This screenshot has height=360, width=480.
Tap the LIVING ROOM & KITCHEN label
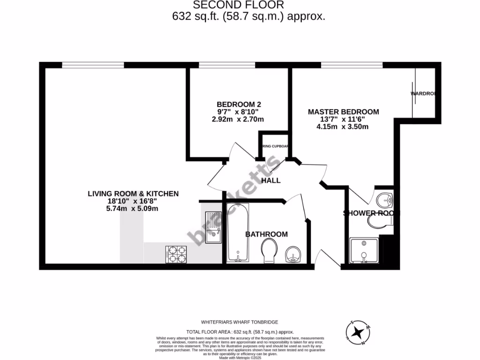point(133,193)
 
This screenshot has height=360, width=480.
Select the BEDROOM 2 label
point(239,104)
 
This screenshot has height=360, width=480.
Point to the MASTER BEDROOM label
point(343,112)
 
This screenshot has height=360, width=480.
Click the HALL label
point(271,180)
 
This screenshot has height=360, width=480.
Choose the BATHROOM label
point(266,234)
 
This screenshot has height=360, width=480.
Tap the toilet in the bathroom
point(270,250)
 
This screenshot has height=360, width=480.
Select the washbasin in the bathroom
point(293,254)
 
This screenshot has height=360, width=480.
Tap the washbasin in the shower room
point(386,200)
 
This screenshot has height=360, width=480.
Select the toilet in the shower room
point(379,222)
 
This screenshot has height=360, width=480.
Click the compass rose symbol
point(359,332)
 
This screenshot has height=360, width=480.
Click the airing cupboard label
point(275,147)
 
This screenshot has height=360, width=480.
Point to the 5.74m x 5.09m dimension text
point(132,209)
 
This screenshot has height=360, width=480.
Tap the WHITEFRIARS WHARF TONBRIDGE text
point(240,322)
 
